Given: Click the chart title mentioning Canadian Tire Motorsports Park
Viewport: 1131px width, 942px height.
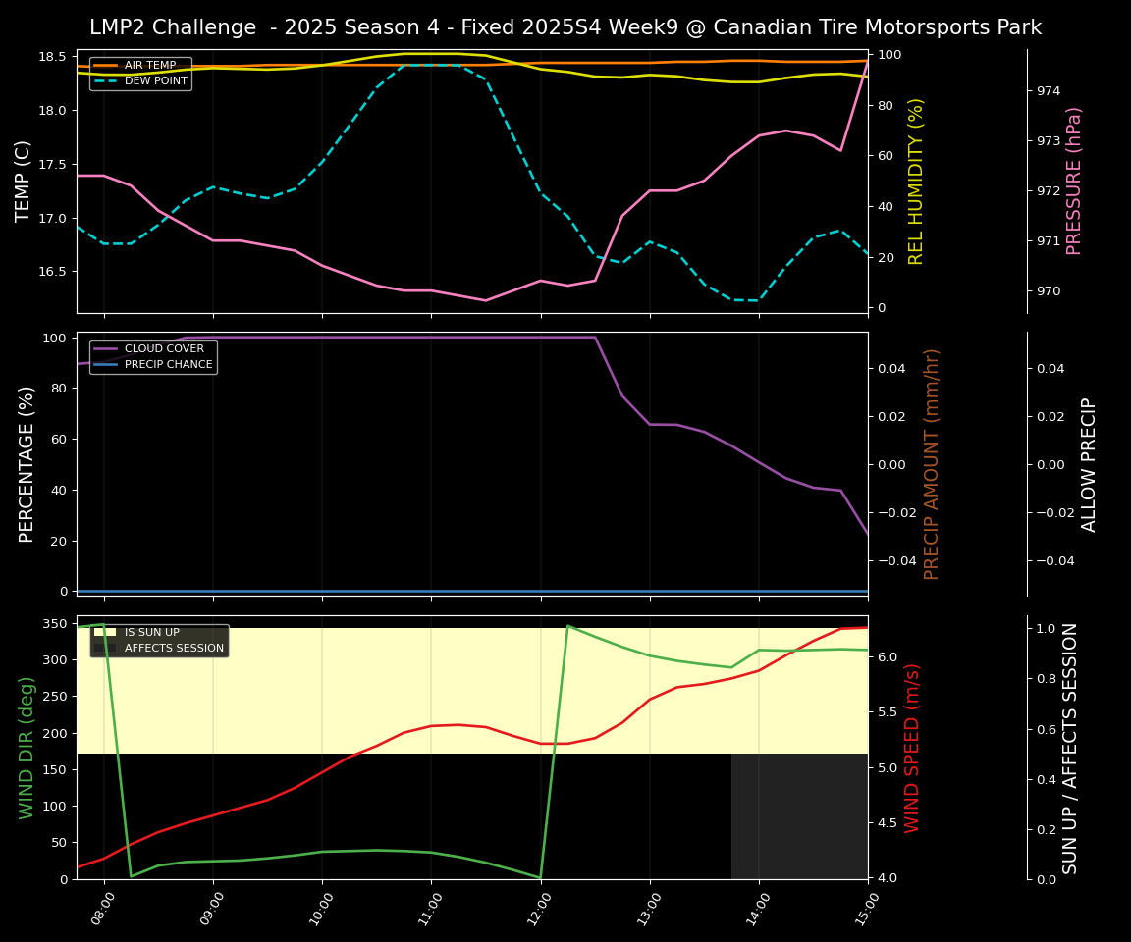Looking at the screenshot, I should [x=565, y=27].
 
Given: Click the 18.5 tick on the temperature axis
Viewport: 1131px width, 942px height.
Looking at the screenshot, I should [x=55, y=56].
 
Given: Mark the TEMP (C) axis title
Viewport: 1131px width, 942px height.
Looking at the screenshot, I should [x=24, y=181].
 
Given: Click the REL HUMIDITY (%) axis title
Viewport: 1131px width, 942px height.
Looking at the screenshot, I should [x=916, y=181].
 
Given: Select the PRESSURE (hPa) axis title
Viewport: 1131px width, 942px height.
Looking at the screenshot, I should [x=1074, y=181].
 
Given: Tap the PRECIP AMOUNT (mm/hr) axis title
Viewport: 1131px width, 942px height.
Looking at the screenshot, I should [x=932, y=463].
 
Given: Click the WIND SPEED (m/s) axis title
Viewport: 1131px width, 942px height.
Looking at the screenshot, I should [x=913, y=748].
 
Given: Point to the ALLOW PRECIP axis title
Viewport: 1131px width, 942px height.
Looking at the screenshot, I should [x=1089, y=463].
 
